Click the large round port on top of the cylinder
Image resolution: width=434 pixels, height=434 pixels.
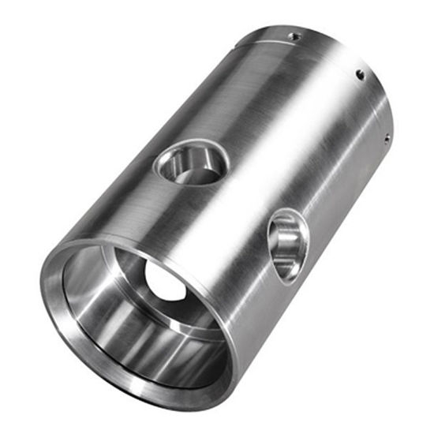(x=191, y=163)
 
